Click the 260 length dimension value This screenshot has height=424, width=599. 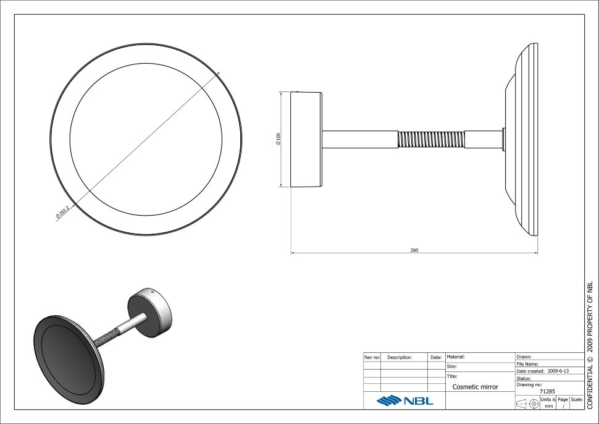(414, 250)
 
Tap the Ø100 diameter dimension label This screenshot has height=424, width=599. (278, 139)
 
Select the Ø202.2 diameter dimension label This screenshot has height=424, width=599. (62, 212)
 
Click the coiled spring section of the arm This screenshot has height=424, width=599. (431, 139)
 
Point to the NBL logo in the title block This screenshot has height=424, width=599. (405, 401)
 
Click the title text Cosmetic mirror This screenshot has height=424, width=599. (475, 387)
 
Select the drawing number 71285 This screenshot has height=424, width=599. (547, 391)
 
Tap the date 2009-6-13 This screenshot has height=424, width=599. (558, 371)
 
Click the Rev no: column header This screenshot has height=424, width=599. (372, 357)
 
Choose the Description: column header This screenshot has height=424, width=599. (400, 357)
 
